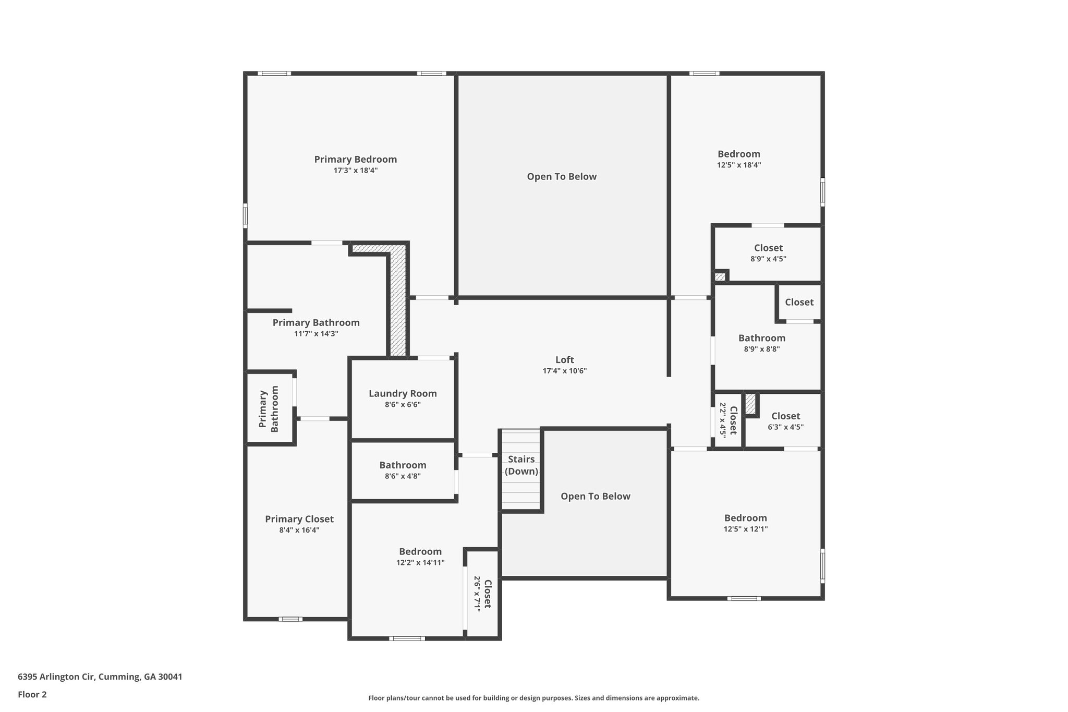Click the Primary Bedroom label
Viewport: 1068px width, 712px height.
coord(355,160)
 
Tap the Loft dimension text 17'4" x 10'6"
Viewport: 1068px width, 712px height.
coord(565,371)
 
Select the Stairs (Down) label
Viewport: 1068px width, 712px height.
coord(521,465)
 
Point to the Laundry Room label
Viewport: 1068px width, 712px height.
coord(403,394)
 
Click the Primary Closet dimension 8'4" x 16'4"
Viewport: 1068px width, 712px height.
coord(299,530)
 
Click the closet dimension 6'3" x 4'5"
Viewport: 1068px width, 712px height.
coord(786,427)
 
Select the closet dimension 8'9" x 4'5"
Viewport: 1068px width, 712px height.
coord(769,259)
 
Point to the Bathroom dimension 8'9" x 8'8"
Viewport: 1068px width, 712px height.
coord(762,349)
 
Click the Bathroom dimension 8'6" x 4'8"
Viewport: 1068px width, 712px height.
coord(403,476)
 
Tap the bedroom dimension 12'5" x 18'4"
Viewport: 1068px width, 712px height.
coord(739,165)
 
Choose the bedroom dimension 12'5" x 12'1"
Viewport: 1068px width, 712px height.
coord(746,529)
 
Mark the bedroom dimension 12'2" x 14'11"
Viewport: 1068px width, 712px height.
coord(420,563)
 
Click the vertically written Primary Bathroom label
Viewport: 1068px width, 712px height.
coord(269,409)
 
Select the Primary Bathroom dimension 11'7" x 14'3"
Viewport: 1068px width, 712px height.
coord(316,334)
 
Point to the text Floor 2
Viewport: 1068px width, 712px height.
coord(32,695)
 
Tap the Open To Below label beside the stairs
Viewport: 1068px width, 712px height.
coord(596,497)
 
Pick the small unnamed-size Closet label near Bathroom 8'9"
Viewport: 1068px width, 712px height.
coord(799,303)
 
